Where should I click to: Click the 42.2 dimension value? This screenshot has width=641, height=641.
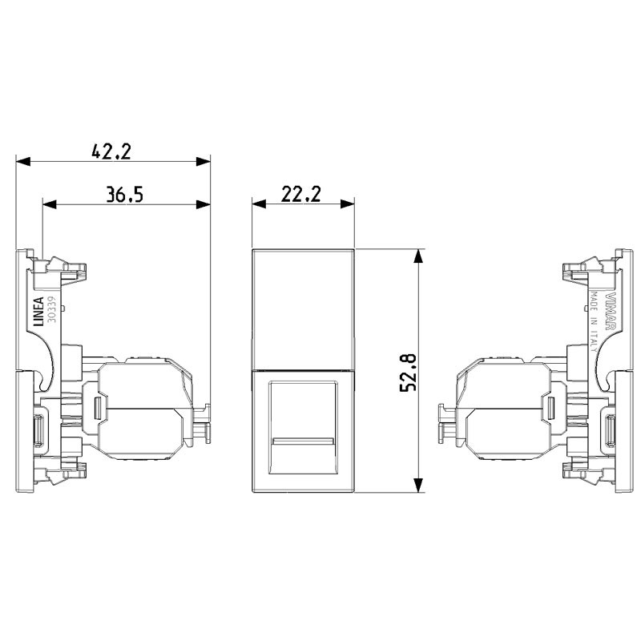point(111,151)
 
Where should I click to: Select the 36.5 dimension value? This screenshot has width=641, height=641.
point(124,194)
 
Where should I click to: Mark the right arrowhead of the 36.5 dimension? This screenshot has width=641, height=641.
point(204,205)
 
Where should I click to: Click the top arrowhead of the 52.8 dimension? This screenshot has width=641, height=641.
point(418,256)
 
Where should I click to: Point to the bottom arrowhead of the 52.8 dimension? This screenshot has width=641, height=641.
point(418,487)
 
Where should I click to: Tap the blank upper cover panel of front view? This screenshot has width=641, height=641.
point(303,308)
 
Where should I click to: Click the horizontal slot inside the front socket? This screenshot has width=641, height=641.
point(303,441)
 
